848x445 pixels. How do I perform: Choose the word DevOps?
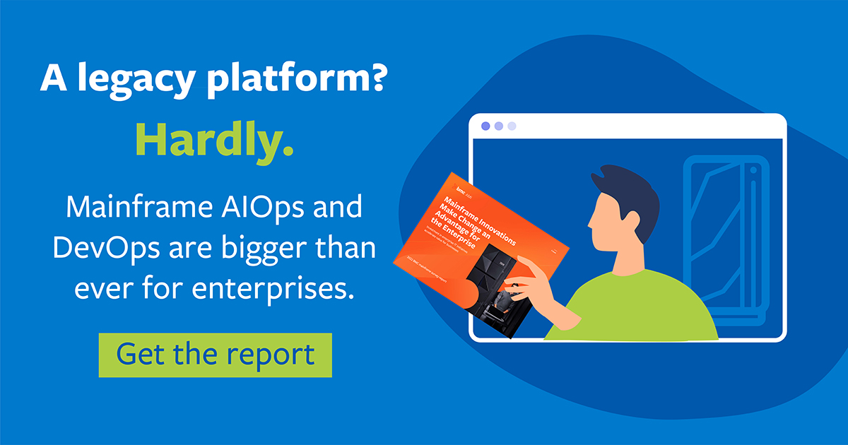(x=107, y=248)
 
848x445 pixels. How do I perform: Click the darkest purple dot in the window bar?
(x=485, y=126)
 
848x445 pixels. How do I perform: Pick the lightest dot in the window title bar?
(x=512, y=126)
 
